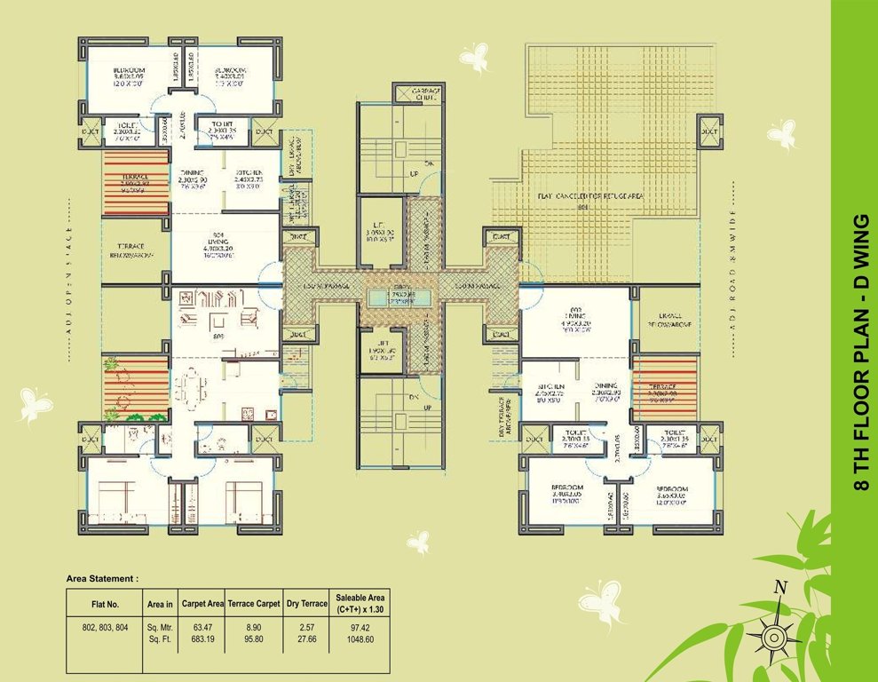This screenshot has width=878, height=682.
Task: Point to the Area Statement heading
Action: [x=102, y=578]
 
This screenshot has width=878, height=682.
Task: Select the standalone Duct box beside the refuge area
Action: [x=709, y=131]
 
